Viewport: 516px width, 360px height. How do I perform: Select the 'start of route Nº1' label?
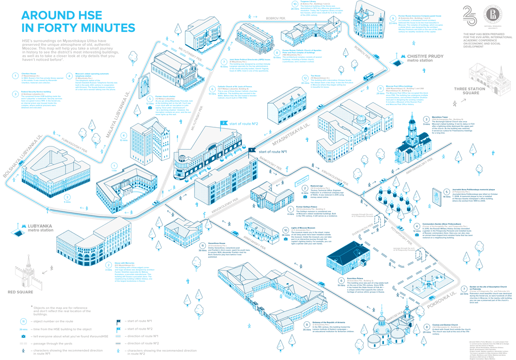point(272,152)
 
